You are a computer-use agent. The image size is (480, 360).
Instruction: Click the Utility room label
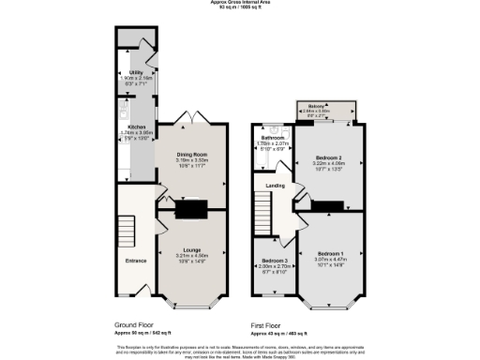[x=136, y=71]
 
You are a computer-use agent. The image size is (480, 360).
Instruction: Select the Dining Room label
[x=191, y=154]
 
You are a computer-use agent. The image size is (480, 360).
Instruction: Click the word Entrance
[x=135, y=261]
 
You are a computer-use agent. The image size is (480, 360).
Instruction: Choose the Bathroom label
[x=273, y=138]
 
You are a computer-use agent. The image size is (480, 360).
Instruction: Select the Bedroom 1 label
[x=331, y=254]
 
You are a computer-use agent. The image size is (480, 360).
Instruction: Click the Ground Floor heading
[x=135, y=322]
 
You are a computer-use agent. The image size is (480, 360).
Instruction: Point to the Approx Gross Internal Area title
[x=240, y=3]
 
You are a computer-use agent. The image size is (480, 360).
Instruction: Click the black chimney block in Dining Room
[x=192, y=209]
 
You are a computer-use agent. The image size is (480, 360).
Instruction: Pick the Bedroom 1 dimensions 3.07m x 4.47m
[x=331, y=261]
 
